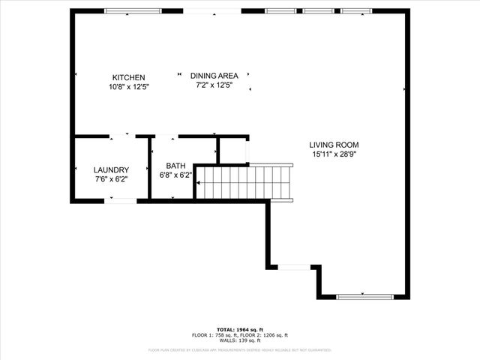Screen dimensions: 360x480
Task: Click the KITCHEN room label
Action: coord(128,77)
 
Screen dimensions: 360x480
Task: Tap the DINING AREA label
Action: coord(214,76)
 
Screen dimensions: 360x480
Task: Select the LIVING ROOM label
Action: coord(334,145)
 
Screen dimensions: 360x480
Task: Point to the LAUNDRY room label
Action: coord(111,170)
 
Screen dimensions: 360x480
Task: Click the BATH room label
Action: coord(175,166)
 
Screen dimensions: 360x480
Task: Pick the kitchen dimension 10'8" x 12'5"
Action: coord(128,87)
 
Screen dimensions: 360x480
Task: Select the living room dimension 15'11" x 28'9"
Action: coord(334,154)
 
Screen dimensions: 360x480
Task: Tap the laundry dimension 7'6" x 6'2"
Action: coord(111,179)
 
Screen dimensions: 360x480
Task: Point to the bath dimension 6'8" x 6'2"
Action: coord(175,175)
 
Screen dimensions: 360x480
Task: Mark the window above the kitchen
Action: coord(133,11)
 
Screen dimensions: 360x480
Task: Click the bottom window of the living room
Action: coord(364,296)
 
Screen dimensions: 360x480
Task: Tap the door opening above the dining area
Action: coord(212,11)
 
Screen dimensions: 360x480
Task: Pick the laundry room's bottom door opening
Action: coord(120,200)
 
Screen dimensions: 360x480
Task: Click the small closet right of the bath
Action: coord(232,149)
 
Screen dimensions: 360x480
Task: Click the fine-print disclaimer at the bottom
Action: coord(239,349)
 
